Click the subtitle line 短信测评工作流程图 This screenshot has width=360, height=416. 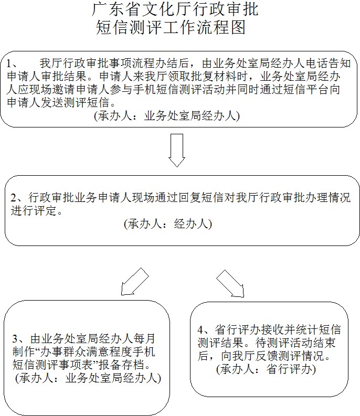(171, 27)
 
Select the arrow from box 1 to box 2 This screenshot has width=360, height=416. (177, 150)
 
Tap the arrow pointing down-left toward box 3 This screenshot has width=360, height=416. (134, 282)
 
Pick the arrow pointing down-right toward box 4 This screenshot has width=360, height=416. (230, 283)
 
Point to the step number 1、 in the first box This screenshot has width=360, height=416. (12, 63)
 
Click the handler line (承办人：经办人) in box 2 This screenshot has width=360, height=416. (168, 224)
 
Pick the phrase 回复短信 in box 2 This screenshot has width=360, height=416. (202, 198)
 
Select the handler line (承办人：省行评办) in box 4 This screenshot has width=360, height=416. (266, 369)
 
